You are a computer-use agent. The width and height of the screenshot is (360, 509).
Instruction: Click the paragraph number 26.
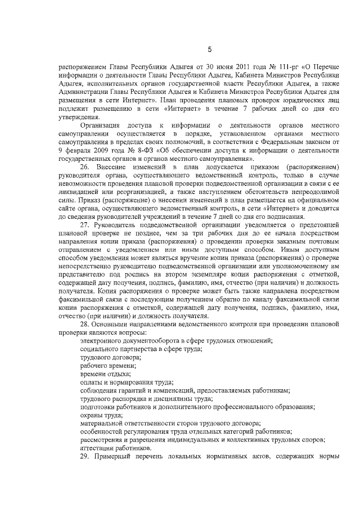click(x=86, y=168)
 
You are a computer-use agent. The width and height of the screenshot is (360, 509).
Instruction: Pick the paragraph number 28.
click(x=86, y=326)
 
